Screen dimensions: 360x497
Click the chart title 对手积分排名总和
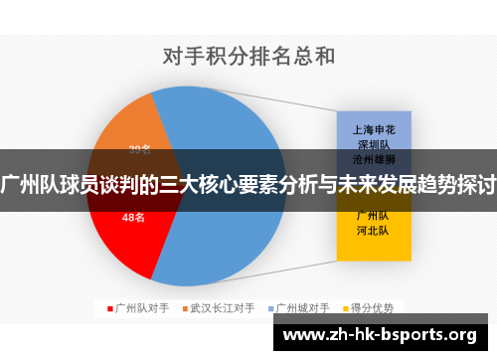pos(248,55)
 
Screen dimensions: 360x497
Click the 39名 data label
pos(140,150)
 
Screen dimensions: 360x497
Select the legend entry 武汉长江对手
pos(225,308)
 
